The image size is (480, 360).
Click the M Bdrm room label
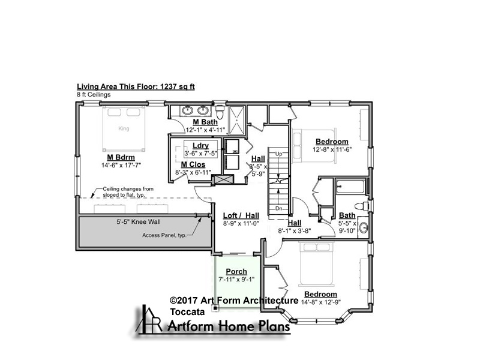pos(121,157)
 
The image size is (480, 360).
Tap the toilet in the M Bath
pos(220,112)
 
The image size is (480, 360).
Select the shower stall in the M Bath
pos(236,121)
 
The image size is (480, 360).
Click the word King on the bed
pos(124,128)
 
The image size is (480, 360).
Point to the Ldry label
pos(201,146)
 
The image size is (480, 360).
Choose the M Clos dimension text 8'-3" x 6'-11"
pos(193,172)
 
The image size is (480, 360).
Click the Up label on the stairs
pos(278,154)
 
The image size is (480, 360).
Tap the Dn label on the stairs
pos(278,208)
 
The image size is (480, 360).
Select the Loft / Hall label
pos(241,215)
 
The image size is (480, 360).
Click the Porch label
pos(236,272)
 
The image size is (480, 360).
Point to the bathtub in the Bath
pos(350,187)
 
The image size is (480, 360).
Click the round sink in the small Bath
pos(364,227)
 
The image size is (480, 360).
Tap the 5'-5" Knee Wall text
pos(139,222)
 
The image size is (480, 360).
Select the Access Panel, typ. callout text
pos(164,235)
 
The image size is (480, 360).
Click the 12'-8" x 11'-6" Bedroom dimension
pos(332,149)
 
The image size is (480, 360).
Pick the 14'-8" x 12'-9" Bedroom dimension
pos(320,302)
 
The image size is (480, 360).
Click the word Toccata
pos(187,312)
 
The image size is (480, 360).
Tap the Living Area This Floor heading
pos(136,86)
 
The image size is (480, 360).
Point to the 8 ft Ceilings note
pos(94,95)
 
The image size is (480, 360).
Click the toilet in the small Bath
pos(362,206)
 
